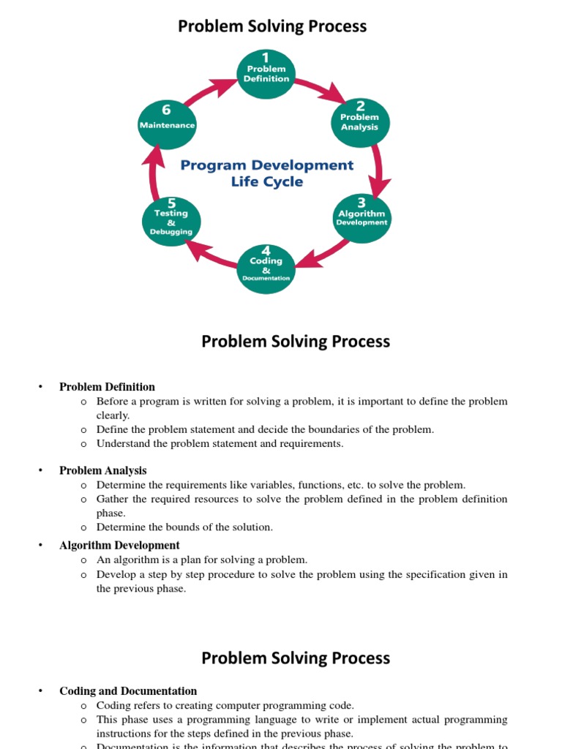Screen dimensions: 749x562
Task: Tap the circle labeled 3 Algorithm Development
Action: point(361,218)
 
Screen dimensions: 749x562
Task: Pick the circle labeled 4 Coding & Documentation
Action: point(266,269)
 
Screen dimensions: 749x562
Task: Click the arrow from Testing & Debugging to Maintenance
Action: point(153,173)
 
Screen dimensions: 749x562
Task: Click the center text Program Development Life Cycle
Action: point(267,173)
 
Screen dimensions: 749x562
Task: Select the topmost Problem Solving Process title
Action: point(272,27)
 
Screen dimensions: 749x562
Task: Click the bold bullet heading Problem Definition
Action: point(107,387)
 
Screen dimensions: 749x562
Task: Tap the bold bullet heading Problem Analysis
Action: point(102,471)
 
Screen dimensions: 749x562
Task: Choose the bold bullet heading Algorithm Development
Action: point(119,546)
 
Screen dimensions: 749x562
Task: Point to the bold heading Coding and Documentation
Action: point(128,691)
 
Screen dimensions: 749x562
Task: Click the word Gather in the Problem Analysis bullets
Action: point(112,500)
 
